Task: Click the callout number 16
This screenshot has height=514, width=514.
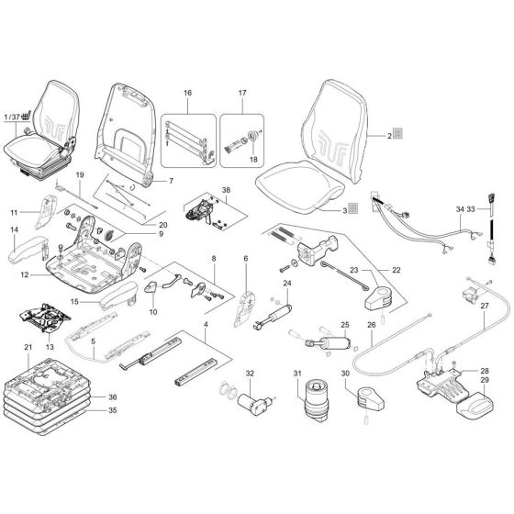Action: click(x=186, y=95)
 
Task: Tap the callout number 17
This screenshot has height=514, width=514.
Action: click(x=243, y=95)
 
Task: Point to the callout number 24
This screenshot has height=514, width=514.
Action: click(x=287, y=284)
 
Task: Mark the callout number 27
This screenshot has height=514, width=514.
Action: click(x=486, y=306)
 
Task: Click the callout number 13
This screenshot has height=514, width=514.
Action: click(x=50, y=348)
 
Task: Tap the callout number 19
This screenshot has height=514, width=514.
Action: click(x=80, y=174)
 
